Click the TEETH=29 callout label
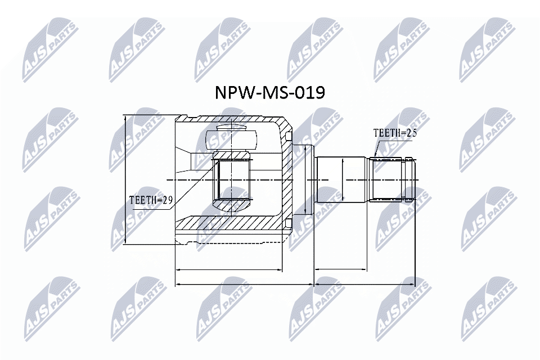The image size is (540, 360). [150, 200]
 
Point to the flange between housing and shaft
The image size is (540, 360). [303, 180]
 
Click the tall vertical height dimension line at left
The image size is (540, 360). [125, 180]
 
